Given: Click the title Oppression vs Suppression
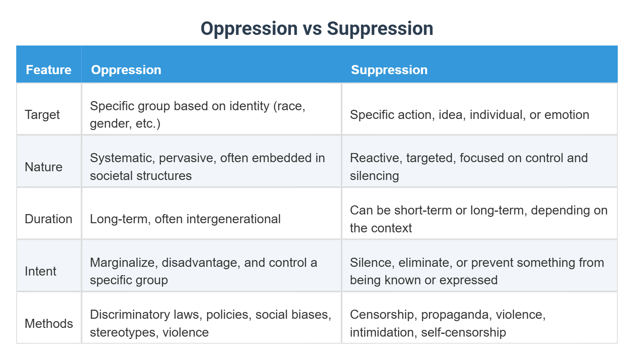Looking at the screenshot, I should coord(317,29).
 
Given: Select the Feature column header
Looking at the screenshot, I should coord(48,70).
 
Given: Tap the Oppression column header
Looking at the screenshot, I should coord(126,70).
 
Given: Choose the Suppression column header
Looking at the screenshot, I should coord(389,70).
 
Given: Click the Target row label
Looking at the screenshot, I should coord(42,115).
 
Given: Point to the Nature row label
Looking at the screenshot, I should coord(44,167).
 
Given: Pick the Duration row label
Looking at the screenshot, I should coord(48,219).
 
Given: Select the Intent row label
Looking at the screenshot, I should coord(40,271).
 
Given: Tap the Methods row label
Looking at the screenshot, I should coord(49,324).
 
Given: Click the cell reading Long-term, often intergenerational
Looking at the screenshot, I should coord(185,219).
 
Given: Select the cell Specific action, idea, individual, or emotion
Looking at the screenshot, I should coord(469,115).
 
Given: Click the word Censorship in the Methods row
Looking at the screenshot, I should coord(382,314).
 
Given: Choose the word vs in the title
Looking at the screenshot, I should coord(312,29).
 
